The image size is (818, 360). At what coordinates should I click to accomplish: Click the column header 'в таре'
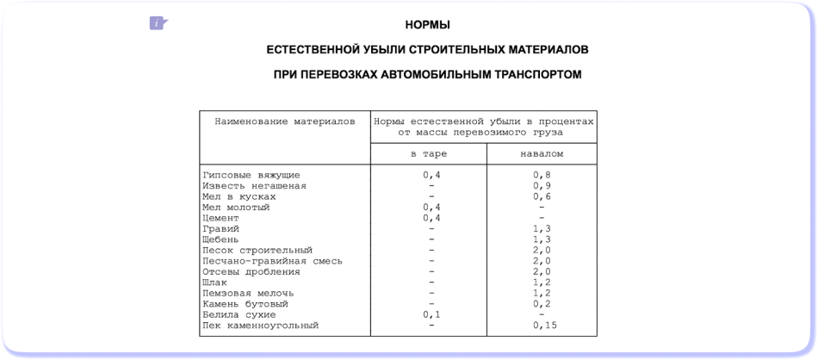(x=428, y=154)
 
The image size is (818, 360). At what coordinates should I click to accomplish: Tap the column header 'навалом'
(x=542, y=154)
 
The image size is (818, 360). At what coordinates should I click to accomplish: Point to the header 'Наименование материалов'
(x=284, y=121)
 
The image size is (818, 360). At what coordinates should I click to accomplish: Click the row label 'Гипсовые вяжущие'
(x=251, y=175)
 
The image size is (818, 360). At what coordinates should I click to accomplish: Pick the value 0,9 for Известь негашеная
(x=542, y=185)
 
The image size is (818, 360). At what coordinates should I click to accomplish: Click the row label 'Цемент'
(x=220, y=218)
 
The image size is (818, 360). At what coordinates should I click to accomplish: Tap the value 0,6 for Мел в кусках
(x=542, y=196)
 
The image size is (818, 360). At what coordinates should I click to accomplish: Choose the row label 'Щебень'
(x=220, y=239)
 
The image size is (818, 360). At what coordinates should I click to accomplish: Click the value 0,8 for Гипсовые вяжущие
(x=542, y=175)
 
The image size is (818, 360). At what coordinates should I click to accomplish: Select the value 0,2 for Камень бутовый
(x=542, y=304)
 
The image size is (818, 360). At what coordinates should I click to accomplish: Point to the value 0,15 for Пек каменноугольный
(x=544, y=326)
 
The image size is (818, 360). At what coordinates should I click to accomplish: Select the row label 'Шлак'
(x=215, y=282)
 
